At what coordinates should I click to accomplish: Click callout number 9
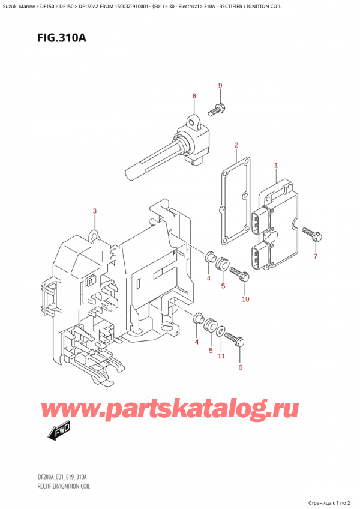[x=220, y=86]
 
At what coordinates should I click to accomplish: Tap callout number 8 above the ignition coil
[x=194, y=96]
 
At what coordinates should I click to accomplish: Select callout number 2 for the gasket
[x=236, y=145]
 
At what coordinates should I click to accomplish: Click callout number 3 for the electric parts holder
[x=94, y=211]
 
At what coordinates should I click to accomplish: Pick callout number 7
[x=316, y=257]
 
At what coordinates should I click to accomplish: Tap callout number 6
[x=241, y=367]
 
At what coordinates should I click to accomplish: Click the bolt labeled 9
[x=215, y=110]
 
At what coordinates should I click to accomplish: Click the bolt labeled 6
[x=236, y=342]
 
